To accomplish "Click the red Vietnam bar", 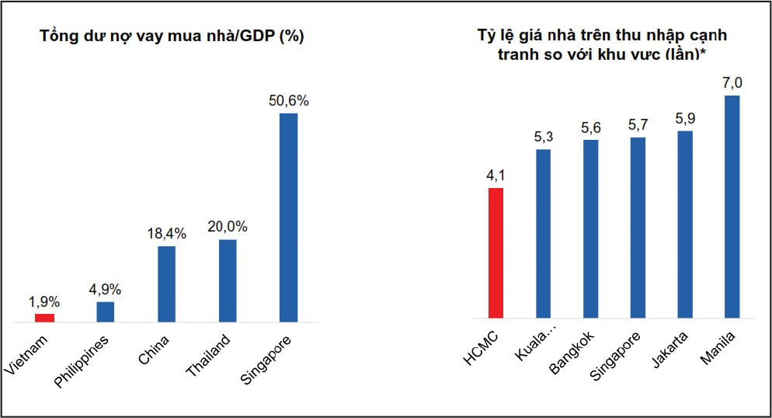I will pos(45,317).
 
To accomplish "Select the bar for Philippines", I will pos(106,312).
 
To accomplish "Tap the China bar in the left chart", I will pos(166,284).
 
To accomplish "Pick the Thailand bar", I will pos(228,280).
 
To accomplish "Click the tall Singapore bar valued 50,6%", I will pos(289,218).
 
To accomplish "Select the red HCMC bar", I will pos(495,253).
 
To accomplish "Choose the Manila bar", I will pos(732,207).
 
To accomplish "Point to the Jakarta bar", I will pos(685,225).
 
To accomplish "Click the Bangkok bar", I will pos(590,229).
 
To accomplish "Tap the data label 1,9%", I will pos(44,301).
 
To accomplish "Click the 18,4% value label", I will pos(166,233).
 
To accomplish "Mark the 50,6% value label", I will pos(289,100).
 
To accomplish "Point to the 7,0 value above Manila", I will pos(732,82).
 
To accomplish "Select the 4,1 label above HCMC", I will pos(495,175).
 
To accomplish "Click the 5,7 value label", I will pos(638,124).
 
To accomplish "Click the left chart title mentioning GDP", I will pos(172,37).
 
